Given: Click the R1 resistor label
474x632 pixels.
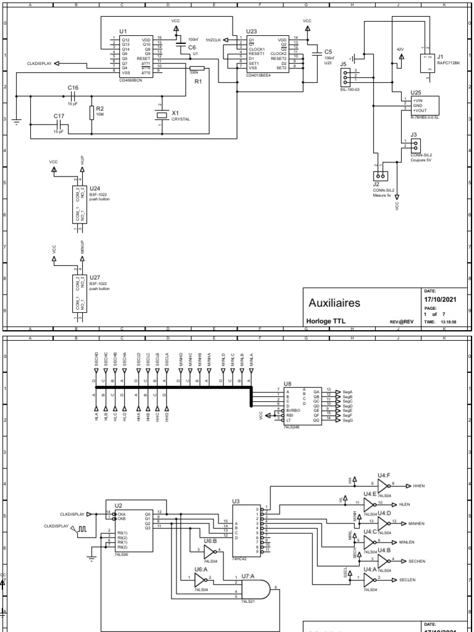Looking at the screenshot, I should click(198, 81).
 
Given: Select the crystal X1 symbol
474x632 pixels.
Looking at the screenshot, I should click(162, 114).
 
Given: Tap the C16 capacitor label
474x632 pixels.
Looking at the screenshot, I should click(73, 88).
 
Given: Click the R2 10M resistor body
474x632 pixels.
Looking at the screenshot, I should click(92, 112).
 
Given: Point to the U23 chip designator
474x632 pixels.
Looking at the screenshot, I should click(251, 31).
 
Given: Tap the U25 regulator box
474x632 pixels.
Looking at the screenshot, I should click(423, 105).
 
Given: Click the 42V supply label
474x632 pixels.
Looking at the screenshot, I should click(400, 48).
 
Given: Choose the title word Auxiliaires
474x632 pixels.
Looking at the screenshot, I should click(335, 303).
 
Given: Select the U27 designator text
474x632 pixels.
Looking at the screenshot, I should click(94, 278).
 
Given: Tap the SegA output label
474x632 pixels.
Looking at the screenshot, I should click(347, 391).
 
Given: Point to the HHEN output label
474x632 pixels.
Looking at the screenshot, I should click(420, 486).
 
